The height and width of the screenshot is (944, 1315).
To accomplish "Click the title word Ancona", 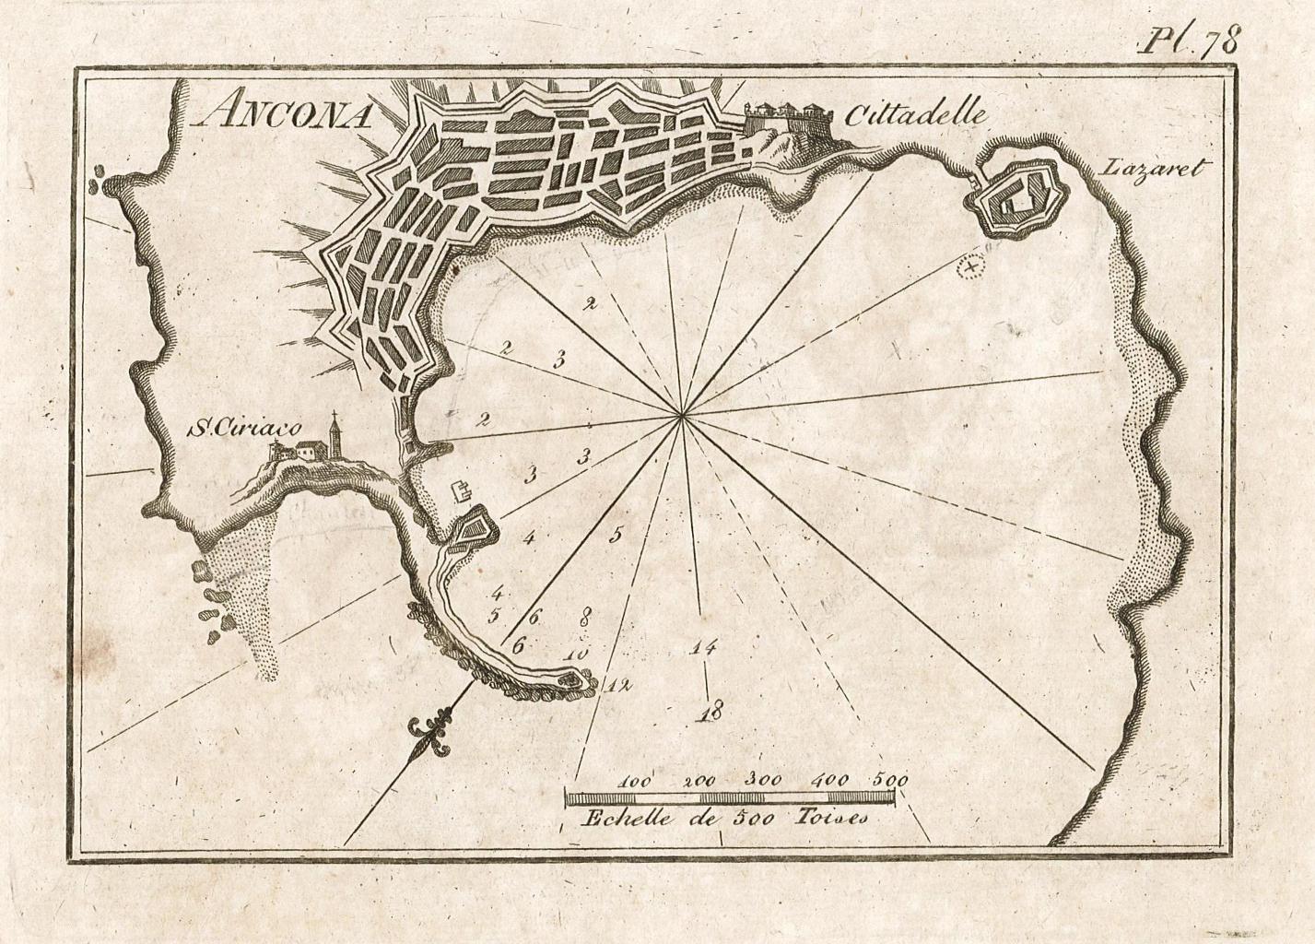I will click(284, 113).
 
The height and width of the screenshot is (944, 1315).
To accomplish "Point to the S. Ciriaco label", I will click(227, 429).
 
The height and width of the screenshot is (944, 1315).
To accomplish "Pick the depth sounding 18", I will click(710, 711).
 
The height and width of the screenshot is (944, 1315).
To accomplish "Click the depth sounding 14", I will click(702, 648).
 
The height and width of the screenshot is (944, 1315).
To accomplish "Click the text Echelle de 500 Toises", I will click(724, 817).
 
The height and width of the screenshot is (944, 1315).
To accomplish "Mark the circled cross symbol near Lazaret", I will click(969, 267).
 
